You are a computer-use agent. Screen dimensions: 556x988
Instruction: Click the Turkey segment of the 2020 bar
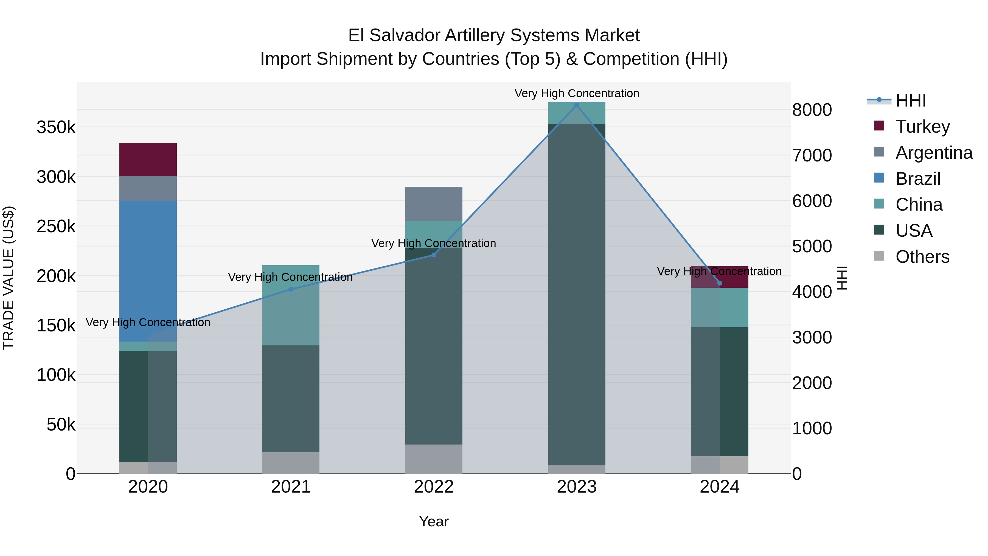click(148, 159)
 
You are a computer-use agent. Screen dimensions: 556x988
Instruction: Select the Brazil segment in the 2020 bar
click(148, 269)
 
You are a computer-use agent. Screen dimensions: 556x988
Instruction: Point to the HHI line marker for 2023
click(576, 105)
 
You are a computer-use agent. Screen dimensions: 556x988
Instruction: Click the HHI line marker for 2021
click(291, 289)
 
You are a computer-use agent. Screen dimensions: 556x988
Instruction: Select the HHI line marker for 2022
click(434, 255)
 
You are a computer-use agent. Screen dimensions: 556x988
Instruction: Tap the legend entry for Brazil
click(917, 179)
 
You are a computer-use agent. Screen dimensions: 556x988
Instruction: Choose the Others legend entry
click(922, 257)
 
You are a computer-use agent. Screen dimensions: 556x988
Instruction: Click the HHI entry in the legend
click(911, 100)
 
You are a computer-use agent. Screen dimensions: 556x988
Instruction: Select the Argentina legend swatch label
click(934, 153)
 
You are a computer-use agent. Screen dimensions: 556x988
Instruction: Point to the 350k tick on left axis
click(56, 127)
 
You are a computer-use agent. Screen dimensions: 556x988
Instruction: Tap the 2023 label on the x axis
click(576, 487)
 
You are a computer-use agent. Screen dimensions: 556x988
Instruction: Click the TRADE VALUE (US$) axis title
click(9, 278)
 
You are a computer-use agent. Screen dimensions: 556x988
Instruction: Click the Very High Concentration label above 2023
click(576, 93)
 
